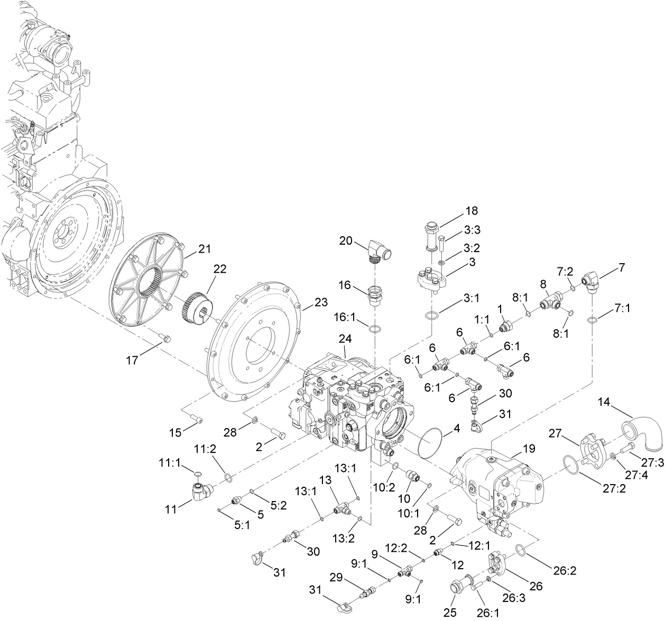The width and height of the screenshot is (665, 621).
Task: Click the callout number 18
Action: coord(471,211)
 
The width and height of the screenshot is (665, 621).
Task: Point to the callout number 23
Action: coord(321,302)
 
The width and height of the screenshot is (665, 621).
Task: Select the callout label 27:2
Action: coord(613,489)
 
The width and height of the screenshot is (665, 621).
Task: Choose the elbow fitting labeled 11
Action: coord(200,491)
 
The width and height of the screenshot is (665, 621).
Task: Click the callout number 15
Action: coord(174,432)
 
